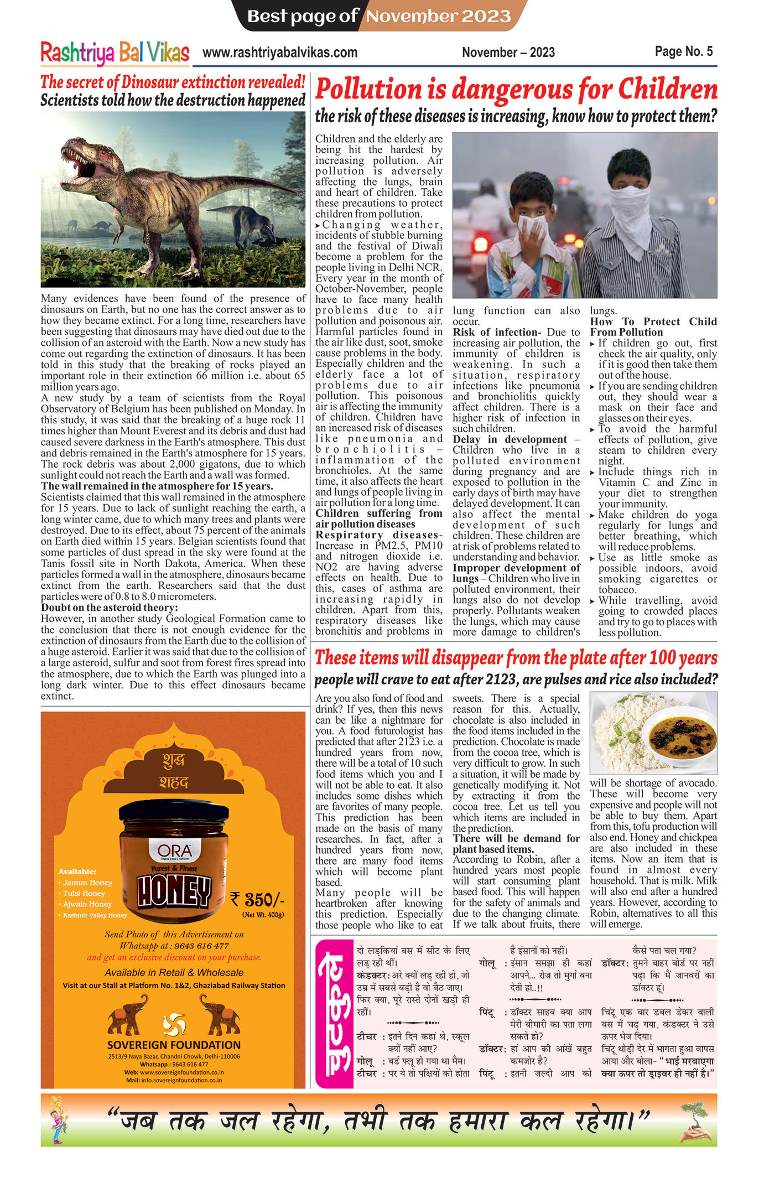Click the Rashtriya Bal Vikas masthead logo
pos(115,53)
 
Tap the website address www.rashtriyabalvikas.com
pos(279,53)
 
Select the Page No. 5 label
pos(683,51)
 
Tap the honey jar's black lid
pos(174,813)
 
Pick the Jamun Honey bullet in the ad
pos(87,883)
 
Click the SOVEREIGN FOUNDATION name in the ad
pos(174,1045)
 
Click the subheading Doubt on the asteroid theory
pos(109,608)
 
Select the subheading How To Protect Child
pos(653,322)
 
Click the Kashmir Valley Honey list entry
pos(95,915)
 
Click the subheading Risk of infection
pos(495,333)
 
